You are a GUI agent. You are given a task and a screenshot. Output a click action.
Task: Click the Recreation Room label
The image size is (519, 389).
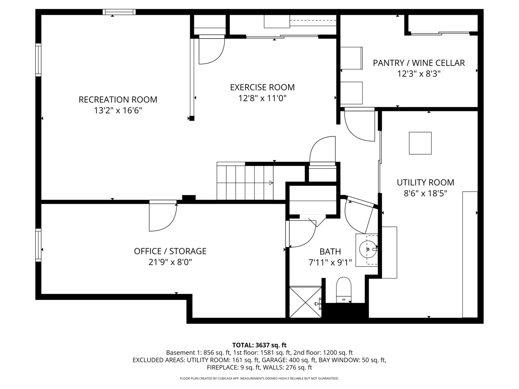coord(118,99)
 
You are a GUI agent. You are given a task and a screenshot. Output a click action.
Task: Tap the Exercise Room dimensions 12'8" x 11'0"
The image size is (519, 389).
coord(262,98)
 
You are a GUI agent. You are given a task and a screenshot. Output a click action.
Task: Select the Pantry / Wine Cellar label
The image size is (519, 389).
coord(418,63)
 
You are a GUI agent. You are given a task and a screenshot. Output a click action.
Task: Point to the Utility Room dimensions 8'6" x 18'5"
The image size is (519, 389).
coord(425,193)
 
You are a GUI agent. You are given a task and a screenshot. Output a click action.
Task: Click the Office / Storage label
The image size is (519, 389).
coord(170,251)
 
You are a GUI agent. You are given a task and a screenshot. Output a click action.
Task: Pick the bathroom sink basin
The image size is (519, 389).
coord(367,249)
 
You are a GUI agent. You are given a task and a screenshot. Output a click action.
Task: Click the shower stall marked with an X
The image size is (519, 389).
coord(305,302)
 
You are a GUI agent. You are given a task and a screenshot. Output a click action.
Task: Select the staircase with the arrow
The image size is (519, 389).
coord(245,182)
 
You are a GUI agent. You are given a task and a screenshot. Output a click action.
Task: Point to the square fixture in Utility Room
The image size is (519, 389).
coord(420,143)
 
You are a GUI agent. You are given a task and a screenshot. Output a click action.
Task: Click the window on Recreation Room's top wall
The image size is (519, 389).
coord(119,12)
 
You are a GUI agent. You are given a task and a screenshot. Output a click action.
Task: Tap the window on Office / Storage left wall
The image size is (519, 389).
coord(38,245)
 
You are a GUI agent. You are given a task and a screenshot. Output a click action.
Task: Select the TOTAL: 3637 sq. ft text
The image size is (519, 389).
coord(259,345)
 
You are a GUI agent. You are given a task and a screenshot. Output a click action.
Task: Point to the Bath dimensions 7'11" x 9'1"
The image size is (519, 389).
coord(330,262)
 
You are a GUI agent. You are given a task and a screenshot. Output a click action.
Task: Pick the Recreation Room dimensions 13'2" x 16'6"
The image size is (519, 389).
coord(118,111)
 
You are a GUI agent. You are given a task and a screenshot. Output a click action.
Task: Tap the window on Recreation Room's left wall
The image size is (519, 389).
coord(38,60)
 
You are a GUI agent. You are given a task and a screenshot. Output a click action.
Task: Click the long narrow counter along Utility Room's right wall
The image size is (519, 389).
coord(470,254)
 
